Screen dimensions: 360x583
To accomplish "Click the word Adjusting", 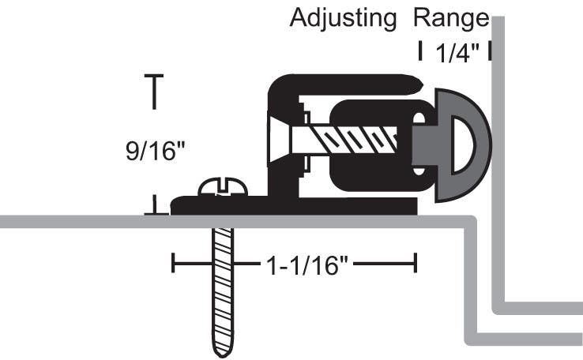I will click(343, 17).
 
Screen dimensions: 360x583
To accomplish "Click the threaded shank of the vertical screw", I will click(224, 284).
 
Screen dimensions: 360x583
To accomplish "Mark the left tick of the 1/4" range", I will click(419, 51).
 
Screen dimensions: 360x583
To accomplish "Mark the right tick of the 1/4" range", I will click(491, 51).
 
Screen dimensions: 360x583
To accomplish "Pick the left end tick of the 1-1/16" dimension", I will click(174, 263).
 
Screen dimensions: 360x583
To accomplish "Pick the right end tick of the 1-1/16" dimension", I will click(416, 263).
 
